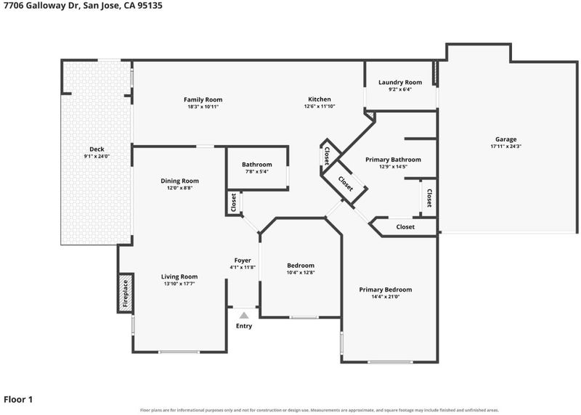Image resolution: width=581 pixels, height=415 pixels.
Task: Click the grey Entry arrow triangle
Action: pyautogui.click(x=244, y=316)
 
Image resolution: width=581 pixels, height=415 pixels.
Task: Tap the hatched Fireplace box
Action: pyautogui.click(x=126, y=293)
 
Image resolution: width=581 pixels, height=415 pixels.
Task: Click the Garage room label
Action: pyautogui.click(x=505, y=139)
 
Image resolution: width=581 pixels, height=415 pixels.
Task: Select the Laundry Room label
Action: pyautogui.click(x=400, y=82)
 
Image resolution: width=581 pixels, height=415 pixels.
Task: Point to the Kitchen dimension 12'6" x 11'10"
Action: pyautogui.click(x=320, y=106)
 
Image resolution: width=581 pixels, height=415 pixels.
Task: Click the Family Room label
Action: pyautogui.click(x=203, y=99)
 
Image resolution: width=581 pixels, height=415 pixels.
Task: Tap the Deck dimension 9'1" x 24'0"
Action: pyautogui.click(x=97, y=156)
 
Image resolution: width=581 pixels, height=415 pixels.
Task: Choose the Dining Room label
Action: pyautogui.click(x=179, y=181)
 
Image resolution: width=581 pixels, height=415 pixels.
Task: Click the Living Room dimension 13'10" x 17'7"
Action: pyautogui.click(x=179, y=284)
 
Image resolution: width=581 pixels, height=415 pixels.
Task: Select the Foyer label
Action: pyautogui.click(x=243, y=260)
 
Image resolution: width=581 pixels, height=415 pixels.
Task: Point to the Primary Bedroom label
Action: pyautogui.click(x=386, y=289)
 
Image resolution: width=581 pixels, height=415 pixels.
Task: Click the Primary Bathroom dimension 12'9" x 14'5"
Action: pyautogui.click(x=393, y=167)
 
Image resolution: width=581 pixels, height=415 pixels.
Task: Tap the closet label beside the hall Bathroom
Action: pyautogui.click(x=233, y=202)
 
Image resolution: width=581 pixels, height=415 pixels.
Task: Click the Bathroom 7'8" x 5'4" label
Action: pyautogui.click(x=257, y=165)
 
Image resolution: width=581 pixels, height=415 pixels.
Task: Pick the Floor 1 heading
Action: pyautogui.click(x=18, y=400)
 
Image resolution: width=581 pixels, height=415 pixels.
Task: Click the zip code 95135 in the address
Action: pyautogui.click(x=150, y=6)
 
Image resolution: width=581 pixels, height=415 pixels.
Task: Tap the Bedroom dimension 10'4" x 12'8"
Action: pyautogui.click(x=301, y=273)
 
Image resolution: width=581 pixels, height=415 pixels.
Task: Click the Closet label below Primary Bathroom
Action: pyautogui.click(x=405, y=227)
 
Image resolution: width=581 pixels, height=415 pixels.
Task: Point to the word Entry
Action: pyautogui.click(x=244, y=326)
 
